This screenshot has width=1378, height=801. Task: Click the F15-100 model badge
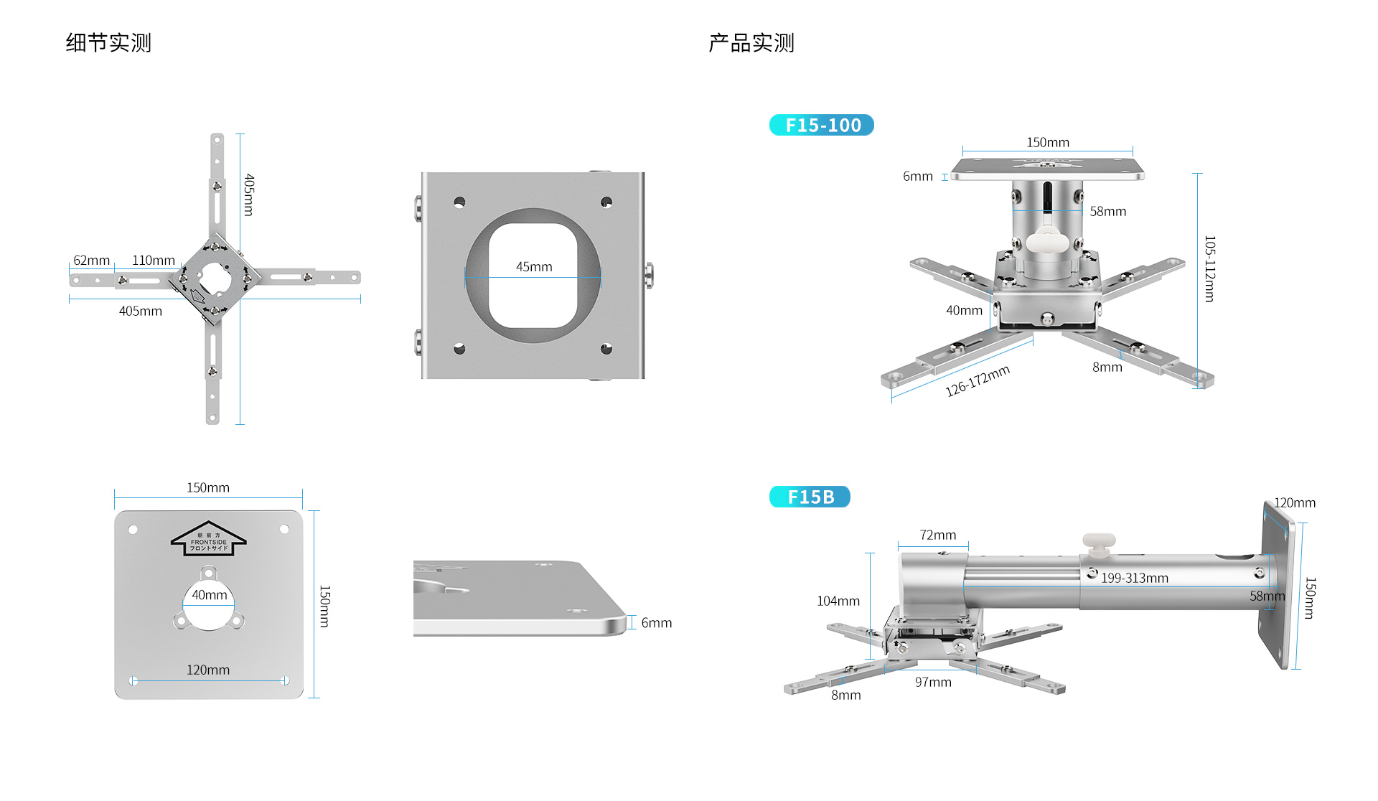click(x=822, y=125)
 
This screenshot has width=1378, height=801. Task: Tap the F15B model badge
click(x=810, y=497)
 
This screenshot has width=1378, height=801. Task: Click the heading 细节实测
click(x=108, y=43)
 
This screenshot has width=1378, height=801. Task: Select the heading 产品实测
click(x=751, y=43)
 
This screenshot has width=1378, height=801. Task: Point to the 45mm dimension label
click(x=534, y=266)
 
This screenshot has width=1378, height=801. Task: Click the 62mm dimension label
click(x=92, y=260)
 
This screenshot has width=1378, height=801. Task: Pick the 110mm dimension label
click(x=154, y=260)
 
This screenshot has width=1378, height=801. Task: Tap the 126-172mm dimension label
click(x=977, y=380)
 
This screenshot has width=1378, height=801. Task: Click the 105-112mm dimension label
click(x=1210, y=268)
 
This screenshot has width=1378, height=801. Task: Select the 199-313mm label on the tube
click(x=1135, y=578)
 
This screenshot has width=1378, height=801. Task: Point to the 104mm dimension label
click(x=838, y=601)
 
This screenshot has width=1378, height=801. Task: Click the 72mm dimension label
click(x=938, y=535)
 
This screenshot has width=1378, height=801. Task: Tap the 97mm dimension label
click(x=933, y=682)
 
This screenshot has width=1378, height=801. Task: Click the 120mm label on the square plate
click(x=208, y=670)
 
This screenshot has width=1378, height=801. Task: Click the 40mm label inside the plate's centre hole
click(x=209, y=595)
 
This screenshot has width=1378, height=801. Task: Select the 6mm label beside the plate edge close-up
click(x=657, y=622)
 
